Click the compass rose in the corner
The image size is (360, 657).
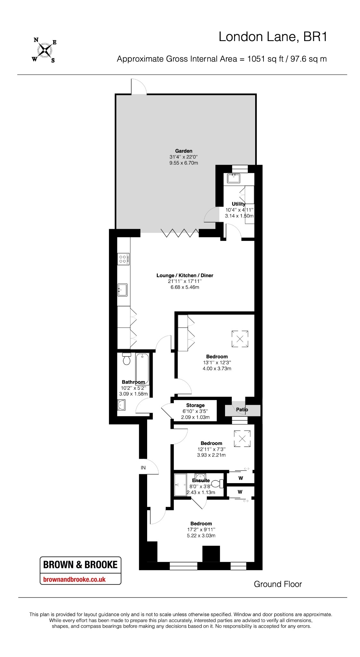coord(44,50)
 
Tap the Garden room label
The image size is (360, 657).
coord(184,151)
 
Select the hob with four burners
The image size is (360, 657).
coord(123,259)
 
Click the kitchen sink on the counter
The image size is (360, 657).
coord(122,290)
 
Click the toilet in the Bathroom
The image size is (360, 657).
coord(127,359)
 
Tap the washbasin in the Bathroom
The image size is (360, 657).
coord(121,405)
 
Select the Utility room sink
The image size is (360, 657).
coord(233,178)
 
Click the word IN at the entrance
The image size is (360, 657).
coord(143,468)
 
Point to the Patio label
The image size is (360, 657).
coord(242,410)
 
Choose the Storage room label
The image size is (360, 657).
coord(195,405)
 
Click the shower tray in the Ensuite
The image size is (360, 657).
coord(180,485)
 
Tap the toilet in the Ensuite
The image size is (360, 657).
coord(217,483)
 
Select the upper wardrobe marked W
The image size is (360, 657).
coord(241,478)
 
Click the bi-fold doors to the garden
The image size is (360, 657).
coord(180,233)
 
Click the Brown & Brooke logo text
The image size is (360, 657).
coord(80,565)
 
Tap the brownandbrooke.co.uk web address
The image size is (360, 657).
coord(74,579)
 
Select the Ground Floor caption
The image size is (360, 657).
coord(278,584)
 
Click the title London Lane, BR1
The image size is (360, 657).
coord(273,37)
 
